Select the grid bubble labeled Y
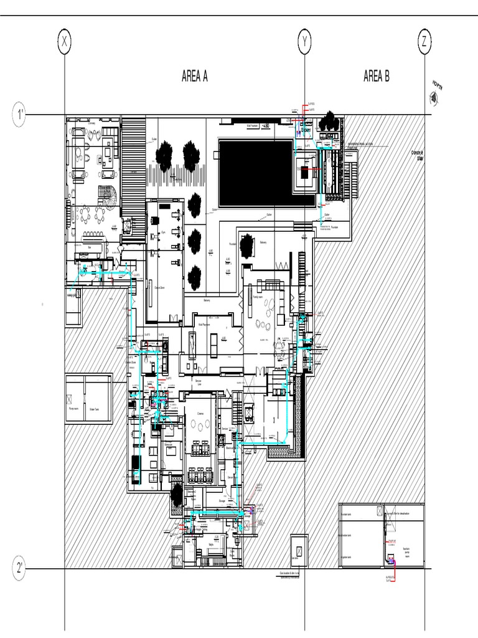(x=304, y=42)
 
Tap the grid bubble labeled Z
(x=424, y=42)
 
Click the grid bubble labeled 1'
(x=21, y=115)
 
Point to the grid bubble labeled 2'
(x=21, y=568)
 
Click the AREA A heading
(x=194, y=77)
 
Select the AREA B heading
(x=377, y=77)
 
